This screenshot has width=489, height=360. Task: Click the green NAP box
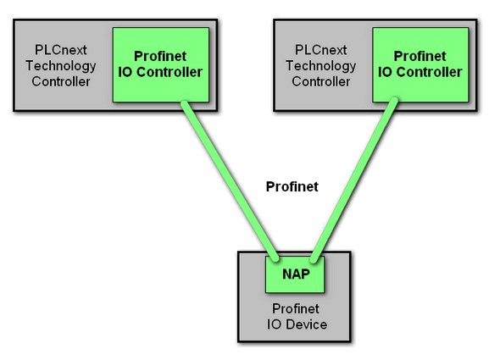295,274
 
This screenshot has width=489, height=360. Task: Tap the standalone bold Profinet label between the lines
292,186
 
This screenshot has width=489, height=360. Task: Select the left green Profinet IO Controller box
161,65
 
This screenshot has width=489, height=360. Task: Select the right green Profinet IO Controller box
420,65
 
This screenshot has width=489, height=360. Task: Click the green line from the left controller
230,180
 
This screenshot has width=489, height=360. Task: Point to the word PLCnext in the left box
61,50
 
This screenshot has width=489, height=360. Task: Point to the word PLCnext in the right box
321,50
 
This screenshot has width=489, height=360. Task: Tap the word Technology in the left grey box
61,66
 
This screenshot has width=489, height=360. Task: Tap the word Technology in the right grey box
321,66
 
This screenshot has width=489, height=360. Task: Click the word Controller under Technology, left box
61,81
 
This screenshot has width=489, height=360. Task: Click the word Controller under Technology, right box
321,81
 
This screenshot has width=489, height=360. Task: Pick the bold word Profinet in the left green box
160,57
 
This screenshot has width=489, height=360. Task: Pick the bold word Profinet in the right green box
420,57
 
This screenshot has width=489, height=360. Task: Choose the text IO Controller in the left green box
160,72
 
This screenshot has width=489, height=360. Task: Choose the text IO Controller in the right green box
420,72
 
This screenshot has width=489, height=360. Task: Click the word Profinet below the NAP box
295,309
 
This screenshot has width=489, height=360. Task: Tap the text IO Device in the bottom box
297,324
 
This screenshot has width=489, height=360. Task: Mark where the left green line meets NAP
275,258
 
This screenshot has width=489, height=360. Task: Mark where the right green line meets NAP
314,259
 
